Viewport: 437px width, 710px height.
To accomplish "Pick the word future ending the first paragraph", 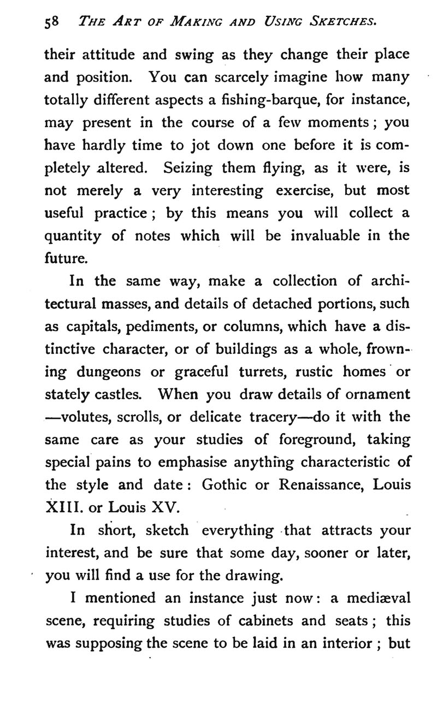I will point(64,258).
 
